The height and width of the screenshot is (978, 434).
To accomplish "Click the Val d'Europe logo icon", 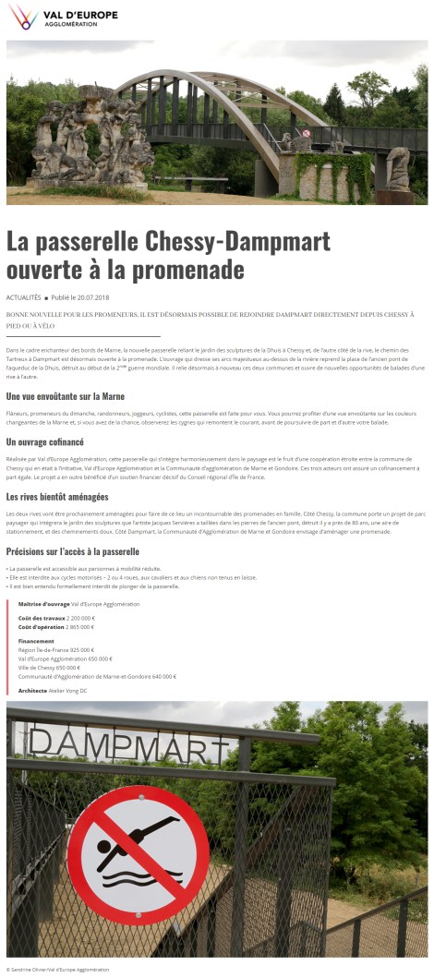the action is (x=22, y=16).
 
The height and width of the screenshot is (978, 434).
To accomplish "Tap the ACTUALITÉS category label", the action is (x=23, y=298).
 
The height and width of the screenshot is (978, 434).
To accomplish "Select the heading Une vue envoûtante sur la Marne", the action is (x=66, y=397).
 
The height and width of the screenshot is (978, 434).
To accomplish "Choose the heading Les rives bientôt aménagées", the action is (x=57, y=497).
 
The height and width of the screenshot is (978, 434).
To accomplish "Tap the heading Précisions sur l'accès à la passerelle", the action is (x=73, y=551).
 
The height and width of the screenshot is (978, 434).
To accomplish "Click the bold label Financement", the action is (x=35, y=640).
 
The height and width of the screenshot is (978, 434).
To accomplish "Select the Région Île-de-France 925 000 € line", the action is (x=55, y=649).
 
